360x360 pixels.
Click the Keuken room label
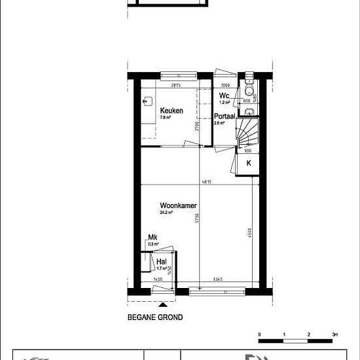coord(171,111)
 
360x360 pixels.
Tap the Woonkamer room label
coord(178,206)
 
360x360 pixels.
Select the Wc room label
coord(223,96)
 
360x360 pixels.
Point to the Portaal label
coord(225,116)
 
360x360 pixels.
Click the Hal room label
coord(160,262)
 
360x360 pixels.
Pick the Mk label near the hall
coord(153,238)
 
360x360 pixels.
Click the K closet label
coord(247,164)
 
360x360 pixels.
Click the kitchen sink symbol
coord(147,101)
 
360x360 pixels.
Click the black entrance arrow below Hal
coord(163,304)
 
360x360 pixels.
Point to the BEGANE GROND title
coord(154,317)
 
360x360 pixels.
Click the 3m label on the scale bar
coord(334,334)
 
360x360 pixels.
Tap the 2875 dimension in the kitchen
coord(175,86)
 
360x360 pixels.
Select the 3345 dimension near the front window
coord(218,279)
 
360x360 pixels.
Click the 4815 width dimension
coord(205,182)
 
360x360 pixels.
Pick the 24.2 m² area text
coord(166,213)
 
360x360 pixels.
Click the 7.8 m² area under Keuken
coord(166,118)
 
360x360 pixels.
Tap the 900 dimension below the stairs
coord(248,150)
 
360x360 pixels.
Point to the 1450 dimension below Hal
coord(158,279)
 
